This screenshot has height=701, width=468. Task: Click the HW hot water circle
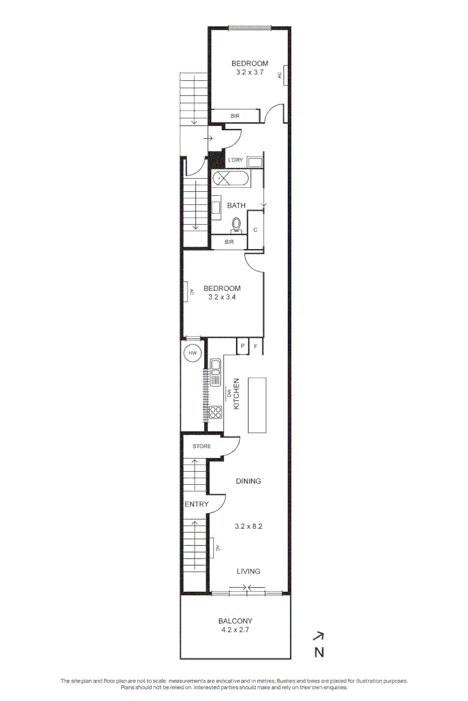click(x=193, y=353)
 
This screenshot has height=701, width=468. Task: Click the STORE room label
click(x=202, y=447)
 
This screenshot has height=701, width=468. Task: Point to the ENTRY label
click(x=197, y=505)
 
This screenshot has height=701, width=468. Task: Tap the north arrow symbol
click(x=319, y=636)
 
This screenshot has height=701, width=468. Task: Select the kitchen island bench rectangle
click(x=258, y=405)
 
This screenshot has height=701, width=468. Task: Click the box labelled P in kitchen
click(x=243, y=346)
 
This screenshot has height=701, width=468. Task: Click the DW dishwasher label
click(x=230, y=394)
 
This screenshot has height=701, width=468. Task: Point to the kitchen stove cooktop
click(x=215, y=413)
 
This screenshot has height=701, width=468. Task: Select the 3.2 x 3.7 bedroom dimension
click(x=250, y=72)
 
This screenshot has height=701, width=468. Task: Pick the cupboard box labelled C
click(x=256, y=230)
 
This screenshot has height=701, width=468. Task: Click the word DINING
click(x=248, y=481)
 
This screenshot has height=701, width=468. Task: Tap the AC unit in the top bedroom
click(x=280, y=75)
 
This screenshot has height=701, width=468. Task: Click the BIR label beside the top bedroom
click(x=235, y=116)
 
